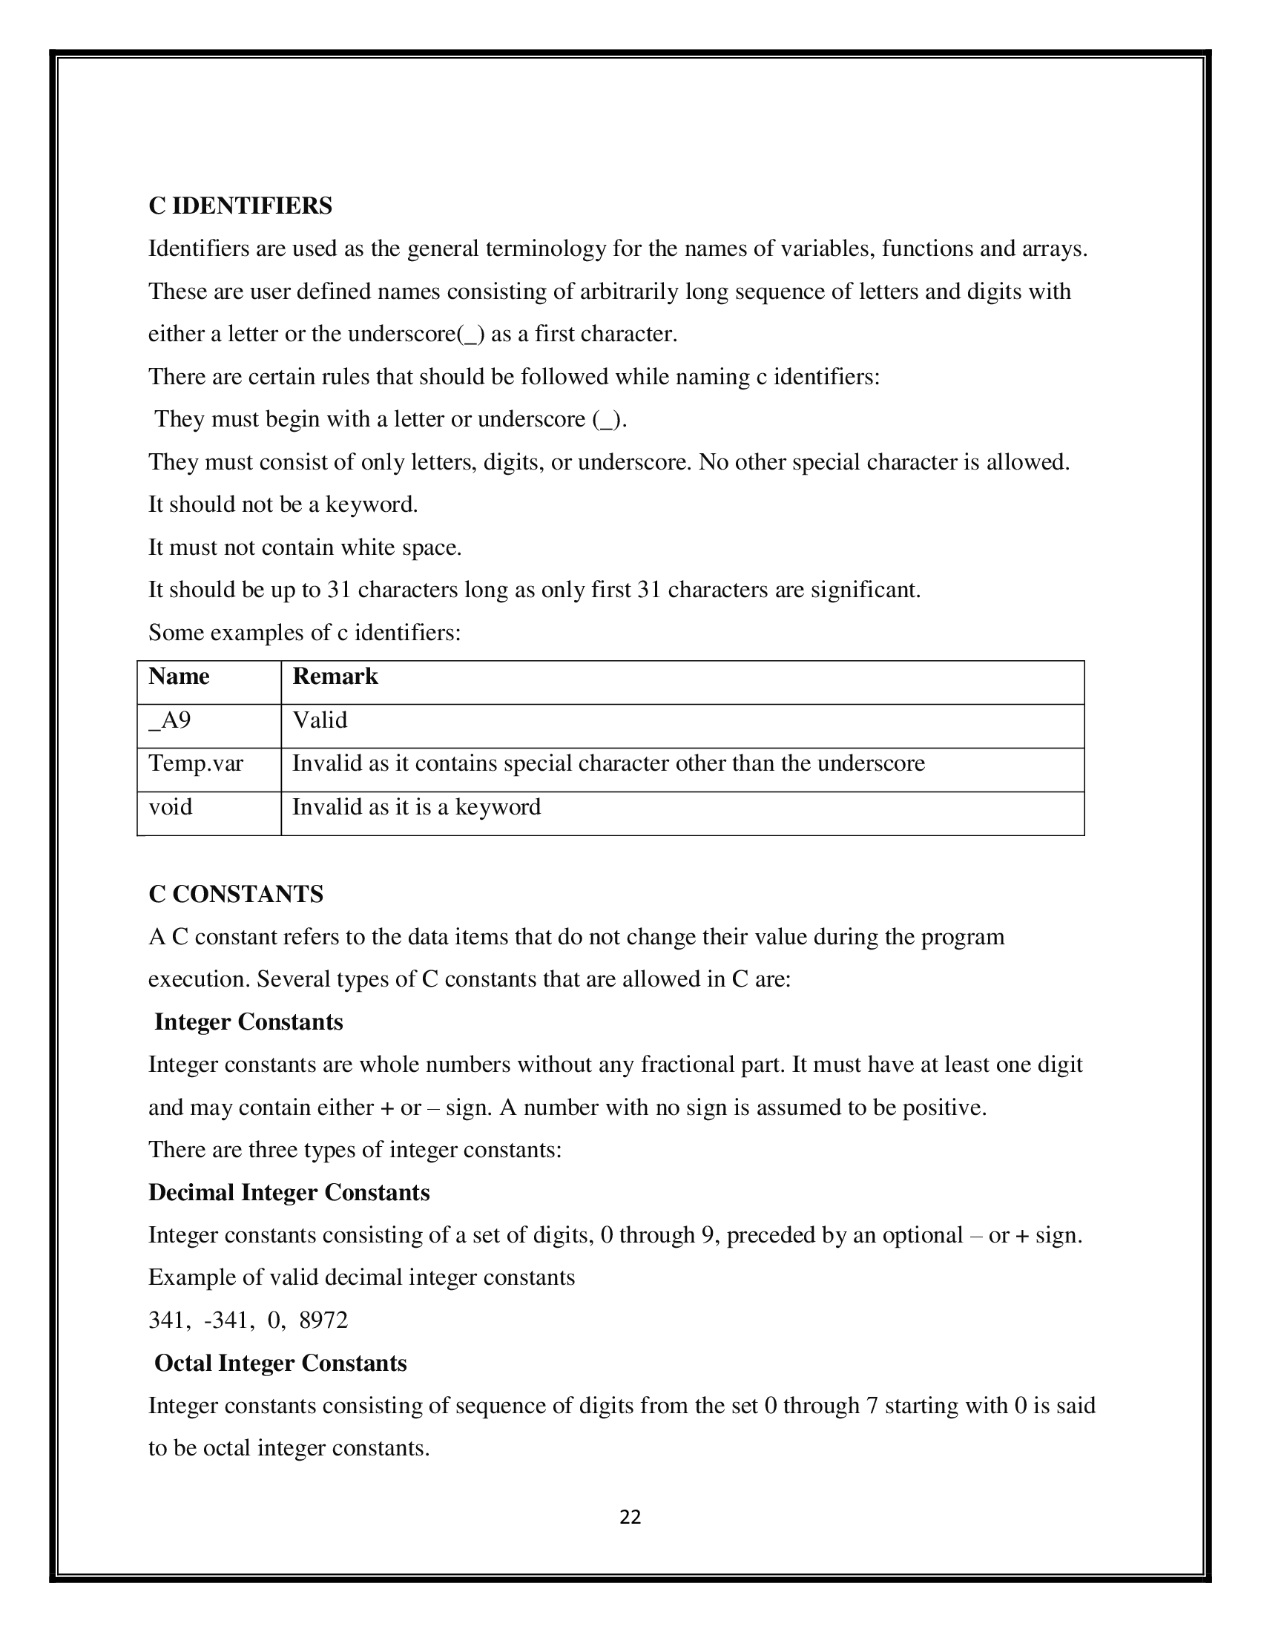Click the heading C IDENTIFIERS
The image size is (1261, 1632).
point(240,205)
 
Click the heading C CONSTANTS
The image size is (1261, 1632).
point(235,894)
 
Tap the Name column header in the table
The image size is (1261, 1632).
point(179,677)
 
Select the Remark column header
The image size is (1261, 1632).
point(335,677)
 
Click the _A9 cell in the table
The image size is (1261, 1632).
point(170,720)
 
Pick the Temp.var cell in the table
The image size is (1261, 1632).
point(196,763)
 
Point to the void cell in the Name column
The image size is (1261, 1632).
point(171,807)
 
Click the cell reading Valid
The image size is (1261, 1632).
point(320,720)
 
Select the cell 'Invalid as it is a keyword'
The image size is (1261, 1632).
point(416,807)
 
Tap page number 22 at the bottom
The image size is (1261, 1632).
point(630,1517)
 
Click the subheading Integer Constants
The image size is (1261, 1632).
point(248,1022)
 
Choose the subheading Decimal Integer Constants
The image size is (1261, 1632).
point(289,1193)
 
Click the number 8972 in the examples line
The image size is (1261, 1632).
point(323,1320)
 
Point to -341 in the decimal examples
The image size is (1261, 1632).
point(225,1320)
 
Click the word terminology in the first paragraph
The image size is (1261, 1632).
point(545,249)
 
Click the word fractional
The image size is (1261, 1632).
point(696,1065)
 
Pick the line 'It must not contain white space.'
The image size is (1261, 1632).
point(305,547)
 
